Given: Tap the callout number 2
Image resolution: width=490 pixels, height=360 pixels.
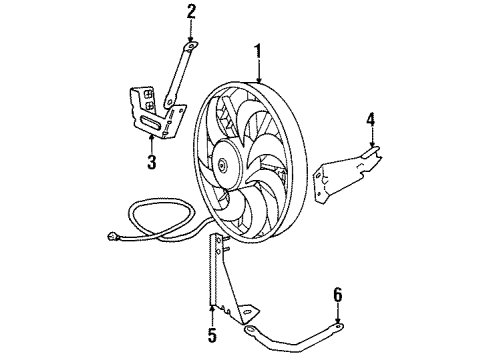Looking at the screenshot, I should click(191, 13).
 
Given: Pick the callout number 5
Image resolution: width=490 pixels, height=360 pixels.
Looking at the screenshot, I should click(212, 332).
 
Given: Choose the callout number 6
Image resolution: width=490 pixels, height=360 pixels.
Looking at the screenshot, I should click(336, 296).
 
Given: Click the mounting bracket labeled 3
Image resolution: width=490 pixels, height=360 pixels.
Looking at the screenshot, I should click(150, 110).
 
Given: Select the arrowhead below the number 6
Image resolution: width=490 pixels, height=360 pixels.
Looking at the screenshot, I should click(336, 317).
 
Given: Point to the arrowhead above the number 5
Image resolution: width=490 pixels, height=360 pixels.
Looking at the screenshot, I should click(212, 310).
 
